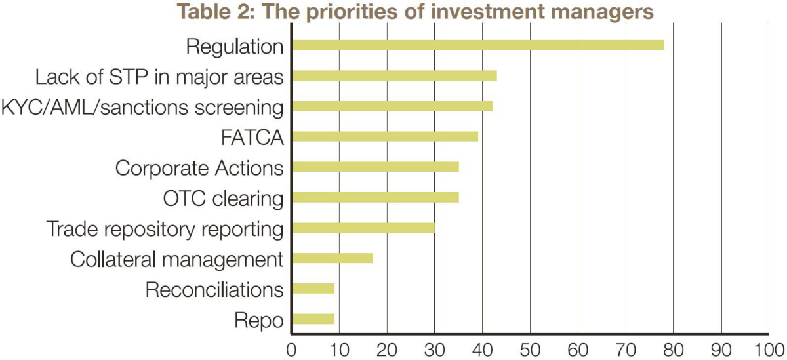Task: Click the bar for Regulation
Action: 478,45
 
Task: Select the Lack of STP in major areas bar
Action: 394,76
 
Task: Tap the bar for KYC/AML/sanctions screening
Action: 392,106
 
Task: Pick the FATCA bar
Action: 385,136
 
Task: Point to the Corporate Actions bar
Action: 375,167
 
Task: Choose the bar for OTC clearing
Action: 375,197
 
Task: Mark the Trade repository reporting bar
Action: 363,228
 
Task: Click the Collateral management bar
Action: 333,258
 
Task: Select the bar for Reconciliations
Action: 313,289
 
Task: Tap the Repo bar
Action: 313,319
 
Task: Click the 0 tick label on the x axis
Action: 291,350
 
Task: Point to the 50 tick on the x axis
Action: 530,350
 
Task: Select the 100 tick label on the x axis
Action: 769,350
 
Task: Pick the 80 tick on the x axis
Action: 674,350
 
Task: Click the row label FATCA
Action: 252,137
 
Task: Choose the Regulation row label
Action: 235,47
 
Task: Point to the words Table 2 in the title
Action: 214,12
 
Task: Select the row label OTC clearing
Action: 224,199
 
